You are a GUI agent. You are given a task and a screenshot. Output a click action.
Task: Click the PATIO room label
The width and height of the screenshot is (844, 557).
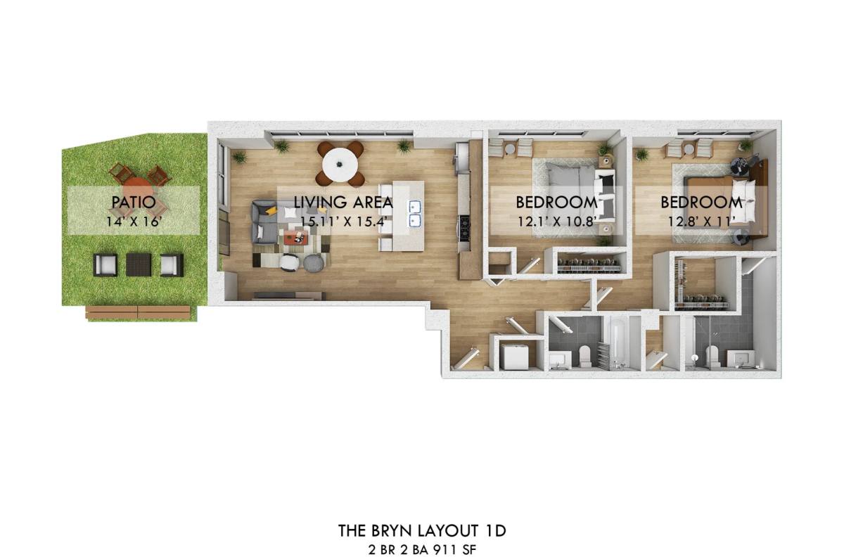tap(134, 203)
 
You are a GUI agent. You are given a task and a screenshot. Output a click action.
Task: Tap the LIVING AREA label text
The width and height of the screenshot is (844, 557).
tap(343, 203)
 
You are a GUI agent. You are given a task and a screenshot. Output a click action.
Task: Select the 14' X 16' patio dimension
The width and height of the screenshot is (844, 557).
tap(134, 222)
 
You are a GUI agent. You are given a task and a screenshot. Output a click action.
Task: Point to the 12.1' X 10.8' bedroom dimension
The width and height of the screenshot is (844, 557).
tap(556, 222)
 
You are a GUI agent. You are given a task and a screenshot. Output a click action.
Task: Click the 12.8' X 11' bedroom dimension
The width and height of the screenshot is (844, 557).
tap(701, 222)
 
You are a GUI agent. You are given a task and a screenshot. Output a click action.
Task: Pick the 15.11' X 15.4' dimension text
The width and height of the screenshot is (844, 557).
tap(345, 222)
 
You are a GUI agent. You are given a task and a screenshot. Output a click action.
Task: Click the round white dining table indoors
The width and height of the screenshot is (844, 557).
tap(340, 165)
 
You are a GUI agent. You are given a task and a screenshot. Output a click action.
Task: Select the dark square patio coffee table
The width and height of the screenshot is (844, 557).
tap(139, 264)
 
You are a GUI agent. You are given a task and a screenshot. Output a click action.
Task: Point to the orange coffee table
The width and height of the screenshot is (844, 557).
tap(296, 238)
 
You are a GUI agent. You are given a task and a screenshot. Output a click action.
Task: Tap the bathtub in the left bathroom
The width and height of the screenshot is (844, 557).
tap(618, 342)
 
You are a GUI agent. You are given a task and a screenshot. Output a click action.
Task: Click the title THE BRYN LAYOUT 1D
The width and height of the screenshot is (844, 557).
tap(422, 530)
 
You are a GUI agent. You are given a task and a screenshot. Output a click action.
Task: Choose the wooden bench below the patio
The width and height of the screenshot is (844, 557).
tap(139, 312)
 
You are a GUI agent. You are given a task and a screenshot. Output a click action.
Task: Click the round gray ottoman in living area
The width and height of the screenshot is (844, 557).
tap(314, 263)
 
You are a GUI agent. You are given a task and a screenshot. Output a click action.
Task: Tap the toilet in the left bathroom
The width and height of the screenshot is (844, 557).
tap(584, 356)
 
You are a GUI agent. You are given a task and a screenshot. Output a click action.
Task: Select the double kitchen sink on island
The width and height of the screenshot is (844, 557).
tap(415, 215)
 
